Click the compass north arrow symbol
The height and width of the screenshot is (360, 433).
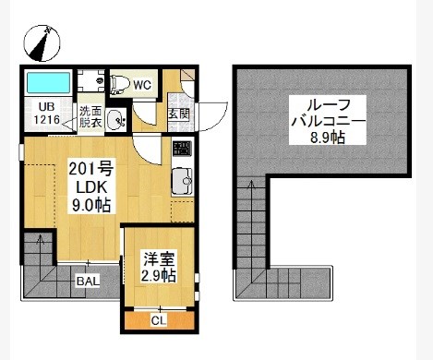click(42, 43)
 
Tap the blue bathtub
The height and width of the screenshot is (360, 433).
click(48, 82)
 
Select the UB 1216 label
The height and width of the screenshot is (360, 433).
click(46, 114)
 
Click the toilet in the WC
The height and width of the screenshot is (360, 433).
click(119, 84)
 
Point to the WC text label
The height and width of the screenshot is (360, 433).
click(142, 85)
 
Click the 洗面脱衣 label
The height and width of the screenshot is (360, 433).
click(90, 117)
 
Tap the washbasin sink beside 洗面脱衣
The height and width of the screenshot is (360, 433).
click(115, 120)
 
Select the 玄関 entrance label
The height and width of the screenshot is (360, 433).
click(178, 114)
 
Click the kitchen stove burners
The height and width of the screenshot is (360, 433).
click(182, 148)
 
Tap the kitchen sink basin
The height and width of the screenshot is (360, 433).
click(182, 181)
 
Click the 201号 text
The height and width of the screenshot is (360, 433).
click(91, 168)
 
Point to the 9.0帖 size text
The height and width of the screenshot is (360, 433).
click(91, 205)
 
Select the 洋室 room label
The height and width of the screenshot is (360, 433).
click(159, 259)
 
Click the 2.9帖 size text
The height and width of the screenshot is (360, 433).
click(159, 275)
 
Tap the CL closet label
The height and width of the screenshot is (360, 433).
click(159, 320)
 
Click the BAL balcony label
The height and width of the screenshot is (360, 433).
click(89, 281)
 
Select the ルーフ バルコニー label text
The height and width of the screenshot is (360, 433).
click(329, 114)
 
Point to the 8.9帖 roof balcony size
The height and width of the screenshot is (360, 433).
click(328, 138)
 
